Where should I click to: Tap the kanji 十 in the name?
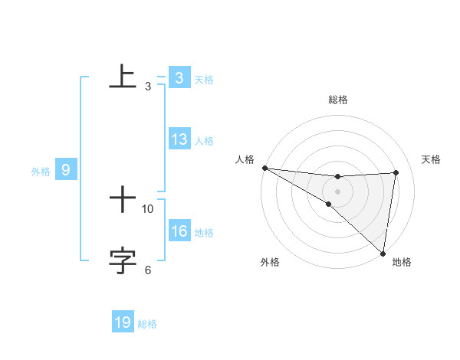pyautogui.click(x=123, y=201)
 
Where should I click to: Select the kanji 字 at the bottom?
pyautogui.click(x=123, y=260)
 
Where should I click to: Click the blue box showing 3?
pyautogui.click(x=179, y=77)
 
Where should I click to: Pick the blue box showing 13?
pyautogui.click(x=179, y=139)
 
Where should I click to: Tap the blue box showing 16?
pyautogui.click(x=179, y=231)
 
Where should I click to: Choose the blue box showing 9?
pyautogui.click(x=66, y=170)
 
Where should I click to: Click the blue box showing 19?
pyautogui.click(x=123, y=322)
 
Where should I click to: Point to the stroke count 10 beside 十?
pyautogui.click(x=148, y=208)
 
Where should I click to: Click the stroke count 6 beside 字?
pyautogui.click(x=148, y=270)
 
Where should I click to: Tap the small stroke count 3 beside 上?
pyautogui.click(x=148, y=87)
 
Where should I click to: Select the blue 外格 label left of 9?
pyautogui.click(x=41, y=172)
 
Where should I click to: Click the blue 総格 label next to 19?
pyautogui.click(x=147, y=324)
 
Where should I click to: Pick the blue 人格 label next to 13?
pyautogui.click(x=204, y=141)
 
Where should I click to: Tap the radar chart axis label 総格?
pyautogui.click(x=337, y=100)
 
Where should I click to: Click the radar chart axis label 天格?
pyautogui.click(x=432, y=159)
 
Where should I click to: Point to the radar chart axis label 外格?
pyautogui.click(x=270, y=262)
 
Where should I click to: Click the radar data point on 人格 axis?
pyautogui.click(x=264, y=168)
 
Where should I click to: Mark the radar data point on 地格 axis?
pyautogui.click(x=383, y=253)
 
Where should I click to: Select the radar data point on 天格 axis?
pyautogui.click(x=396, y=172)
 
